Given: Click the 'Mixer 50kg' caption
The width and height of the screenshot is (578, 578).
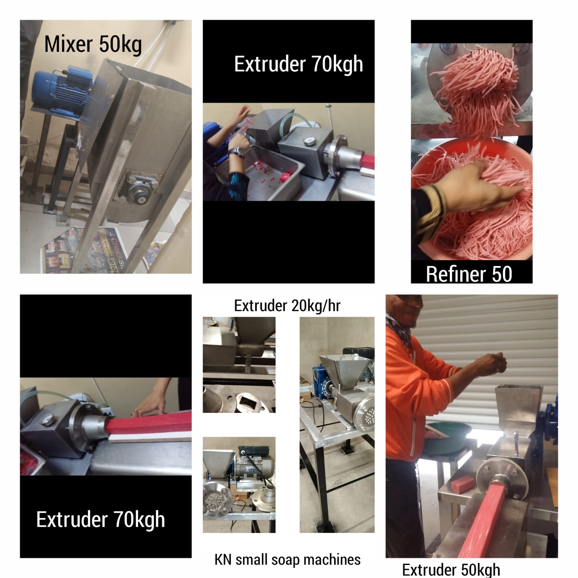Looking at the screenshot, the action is tap(93, 45).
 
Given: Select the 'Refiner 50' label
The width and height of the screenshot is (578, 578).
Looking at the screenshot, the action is tap(469, 274).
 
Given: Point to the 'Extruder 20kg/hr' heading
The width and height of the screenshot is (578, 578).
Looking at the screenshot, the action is tap(287, 306).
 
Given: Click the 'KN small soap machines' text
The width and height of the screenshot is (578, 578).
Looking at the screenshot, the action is tap(288, 560).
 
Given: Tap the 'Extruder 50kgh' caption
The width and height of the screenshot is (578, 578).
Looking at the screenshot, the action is tap(451, 570).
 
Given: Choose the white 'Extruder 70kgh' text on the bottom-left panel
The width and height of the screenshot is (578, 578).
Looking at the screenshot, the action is tap(101, 520).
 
